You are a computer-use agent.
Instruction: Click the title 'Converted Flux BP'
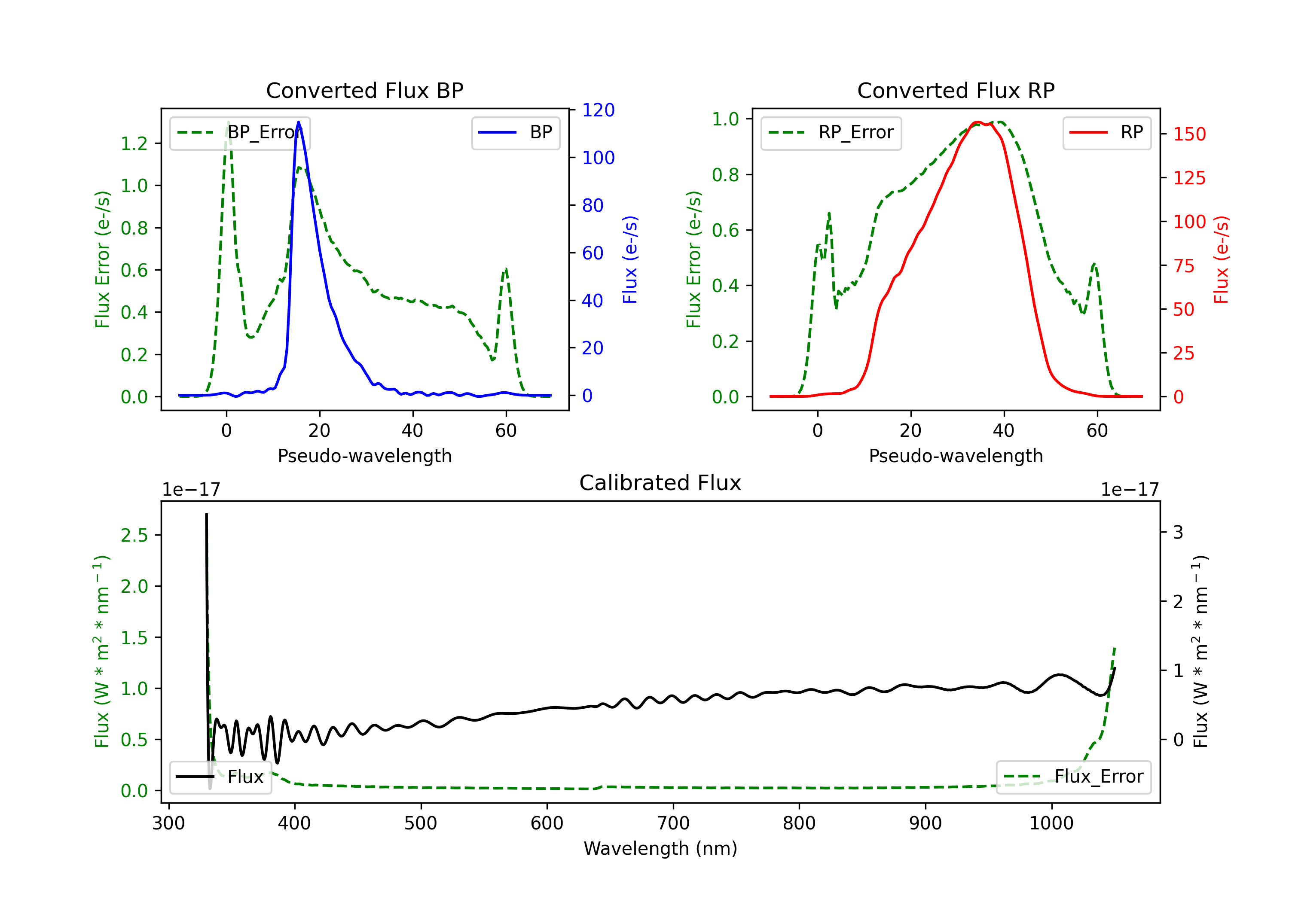pos(364,90)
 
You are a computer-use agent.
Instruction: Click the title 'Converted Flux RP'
pos(956,90)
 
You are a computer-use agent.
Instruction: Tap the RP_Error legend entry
pos(831,132)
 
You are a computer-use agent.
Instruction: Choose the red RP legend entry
pos(1106,132)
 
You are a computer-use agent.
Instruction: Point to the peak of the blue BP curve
pos(299,122)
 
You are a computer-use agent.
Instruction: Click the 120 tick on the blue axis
pos(598,110)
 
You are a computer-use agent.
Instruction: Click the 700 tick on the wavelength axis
pos(673,823)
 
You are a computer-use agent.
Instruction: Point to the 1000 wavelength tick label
pos(1051,823)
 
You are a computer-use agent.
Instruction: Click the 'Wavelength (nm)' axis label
pos(660,848)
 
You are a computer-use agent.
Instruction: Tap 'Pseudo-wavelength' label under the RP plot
pos(956,456)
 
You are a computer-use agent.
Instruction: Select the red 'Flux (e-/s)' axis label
pos(1221,259)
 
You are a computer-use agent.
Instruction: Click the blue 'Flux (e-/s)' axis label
pos(630,259)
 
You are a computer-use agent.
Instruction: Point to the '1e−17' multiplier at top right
pos(1130,490)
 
